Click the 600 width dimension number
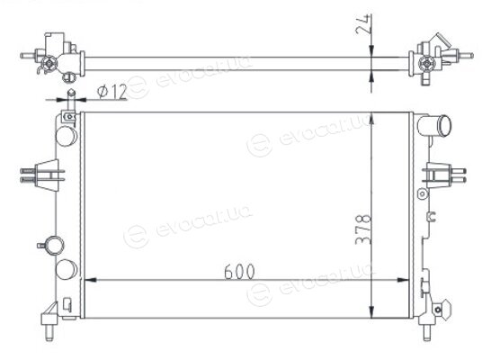(239, 272)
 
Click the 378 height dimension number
(363, 229)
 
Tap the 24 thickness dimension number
(363, 24)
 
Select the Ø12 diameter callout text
(112, 92)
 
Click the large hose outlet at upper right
(434, 126)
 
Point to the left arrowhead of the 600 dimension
(91, 280)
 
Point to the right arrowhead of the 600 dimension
(403, 280)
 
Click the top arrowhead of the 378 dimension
(371, 120)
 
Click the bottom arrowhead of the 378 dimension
(371, 312)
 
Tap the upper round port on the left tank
(66, 136)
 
